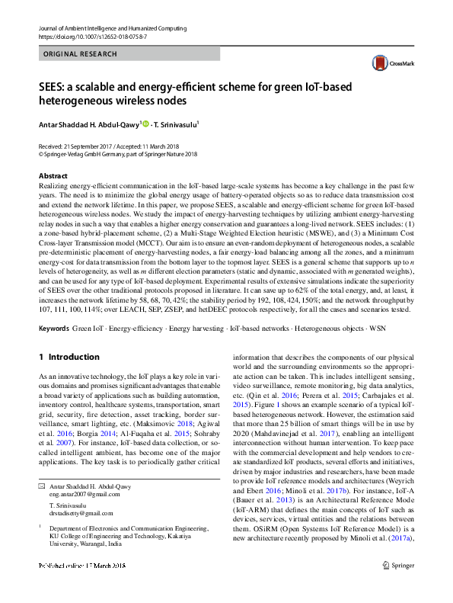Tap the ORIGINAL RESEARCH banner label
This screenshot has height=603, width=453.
click(81, 54)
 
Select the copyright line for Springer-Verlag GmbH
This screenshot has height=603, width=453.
click(117, 152)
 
